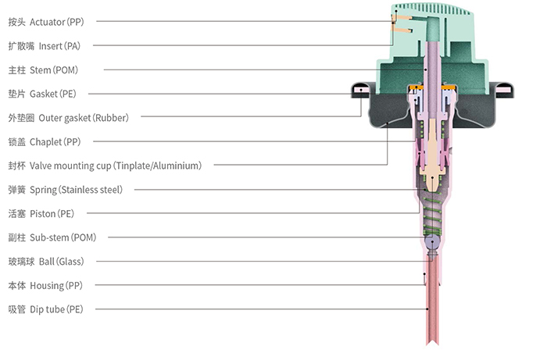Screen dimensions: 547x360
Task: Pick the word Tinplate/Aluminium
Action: [159, 166]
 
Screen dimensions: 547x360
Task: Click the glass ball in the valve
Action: [432, 241]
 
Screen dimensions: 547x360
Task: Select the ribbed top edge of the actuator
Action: [433, 8]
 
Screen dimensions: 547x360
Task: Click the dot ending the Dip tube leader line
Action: [427, 308]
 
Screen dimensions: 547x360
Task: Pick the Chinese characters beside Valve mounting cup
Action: [16, 166]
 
